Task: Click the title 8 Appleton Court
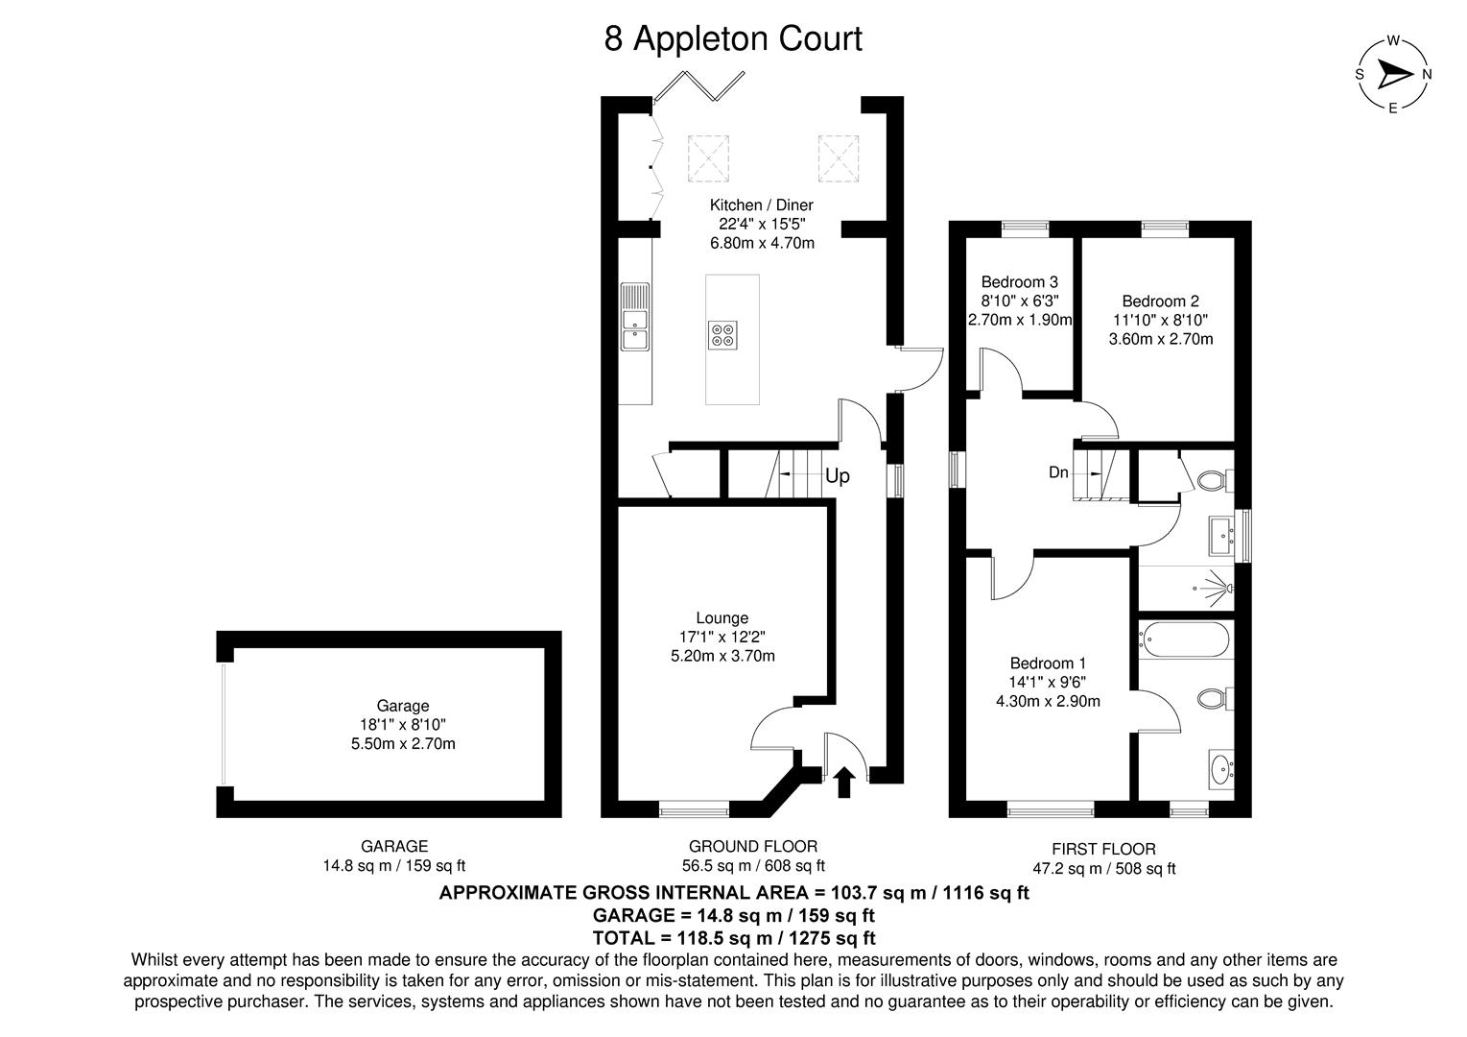[x=733, y=39]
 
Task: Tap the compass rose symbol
[x=1393, y=75]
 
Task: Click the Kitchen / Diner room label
[x=761, y=205]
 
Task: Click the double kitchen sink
[x=634, y=317]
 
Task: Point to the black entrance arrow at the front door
[x=844, y=782]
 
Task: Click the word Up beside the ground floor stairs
[x=837, y=476]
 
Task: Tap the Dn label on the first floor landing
[x=1058, y=472]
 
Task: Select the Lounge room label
[x=722, y=618]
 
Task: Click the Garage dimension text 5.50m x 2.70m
[x=402, y=743]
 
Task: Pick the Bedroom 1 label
[x=1048, y=663]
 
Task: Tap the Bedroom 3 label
[x=1019, y=282]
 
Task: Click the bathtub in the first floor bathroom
[x=1183, y=640]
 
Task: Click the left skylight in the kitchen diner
[x=708, y=157]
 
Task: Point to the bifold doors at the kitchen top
[x=698, y=84]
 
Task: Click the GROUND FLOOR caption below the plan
[x=753, y=846]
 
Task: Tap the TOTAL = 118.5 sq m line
[x=734, y=937]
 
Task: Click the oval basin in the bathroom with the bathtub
[x=1220, y=770]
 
